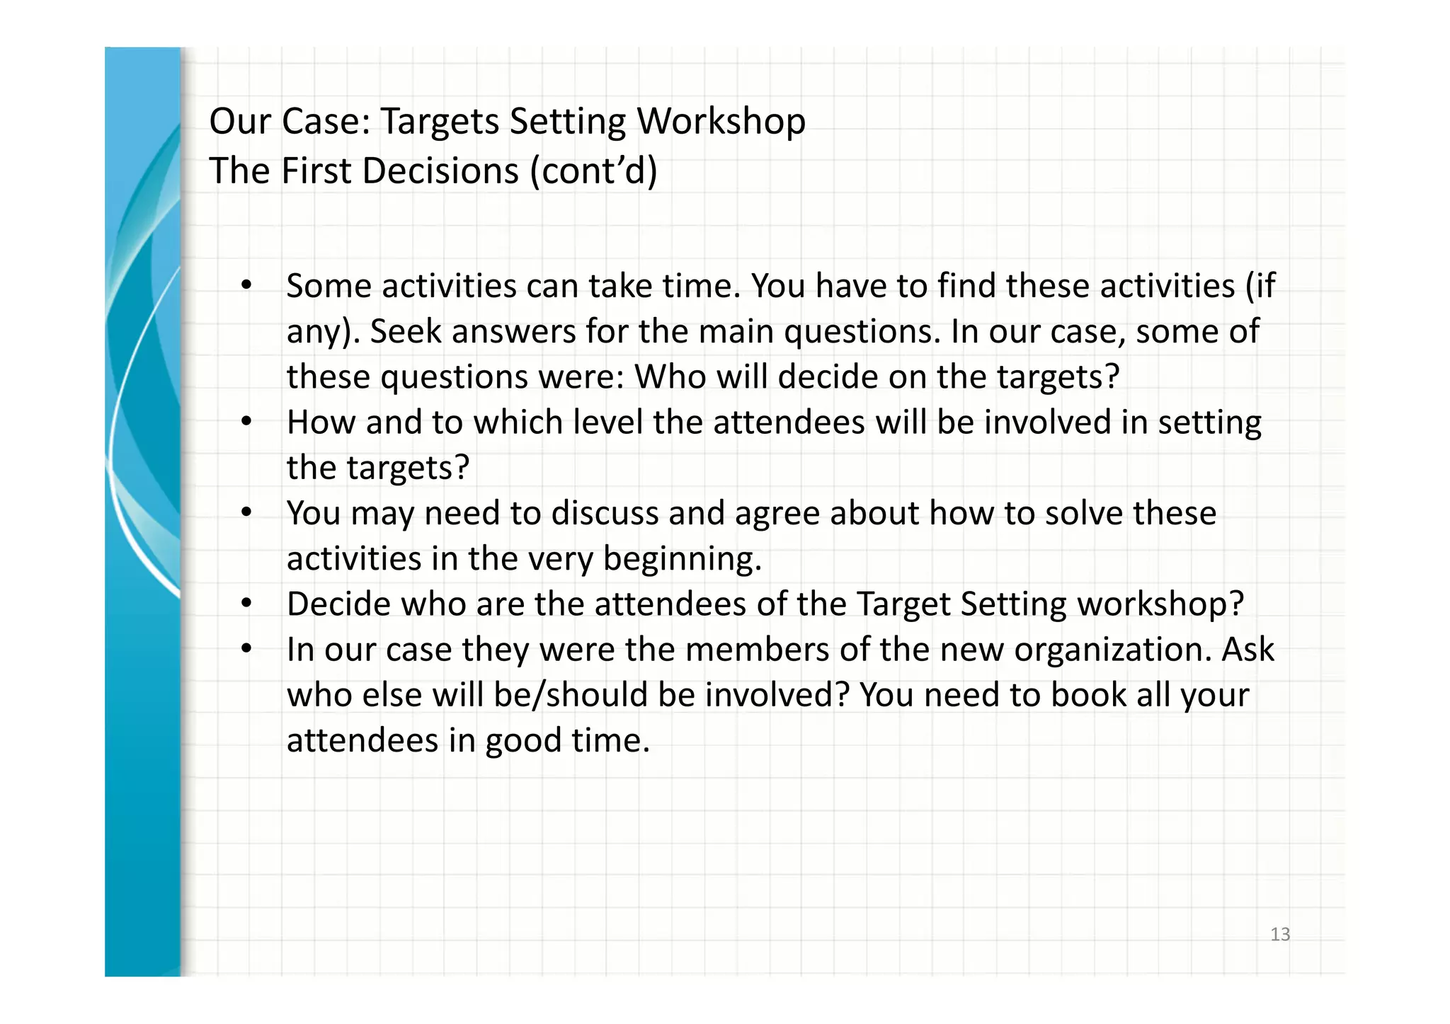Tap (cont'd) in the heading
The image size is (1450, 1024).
(593, 171)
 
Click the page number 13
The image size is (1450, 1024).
(1280, 934)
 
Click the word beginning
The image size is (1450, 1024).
(682, 559)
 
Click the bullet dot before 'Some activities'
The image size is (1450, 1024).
(246, 286)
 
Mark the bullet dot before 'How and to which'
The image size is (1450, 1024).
(246, 422)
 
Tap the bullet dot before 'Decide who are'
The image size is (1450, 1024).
(246, 604)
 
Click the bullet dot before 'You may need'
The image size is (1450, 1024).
(246, 513)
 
